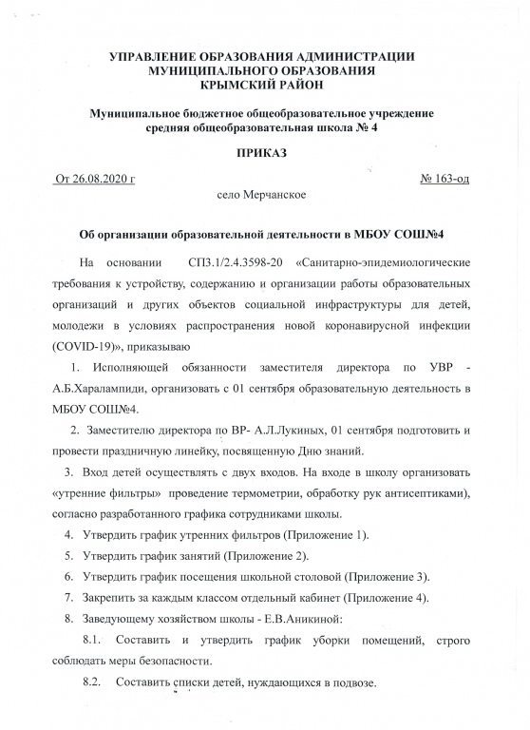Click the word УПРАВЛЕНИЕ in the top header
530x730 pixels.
155,57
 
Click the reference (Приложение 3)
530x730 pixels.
388,577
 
